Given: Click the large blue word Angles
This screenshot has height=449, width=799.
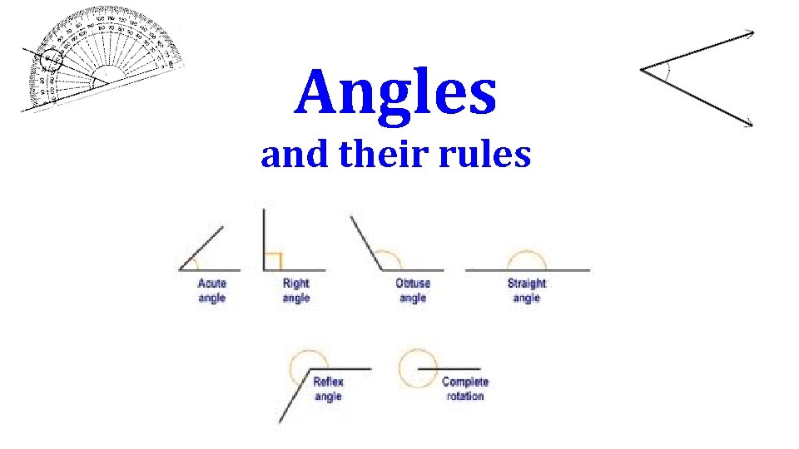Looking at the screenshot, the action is pos(396,93).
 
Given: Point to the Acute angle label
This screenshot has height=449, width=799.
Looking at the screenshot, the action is pos(211,290).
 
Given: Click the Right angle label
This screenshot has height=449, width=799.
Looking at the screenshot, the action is pos(295,290).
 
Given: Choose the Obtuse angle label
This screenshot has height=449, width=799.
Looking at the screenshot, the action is pos(413,290).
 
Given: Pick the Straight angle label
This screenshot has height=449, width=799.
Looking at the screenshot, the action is pos(526,290).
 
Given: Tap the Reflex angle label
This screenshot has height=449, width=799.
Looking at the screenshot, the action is pos(328,389).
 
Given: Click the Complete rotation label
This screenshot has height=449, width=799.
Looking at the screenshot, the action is pos(464,389).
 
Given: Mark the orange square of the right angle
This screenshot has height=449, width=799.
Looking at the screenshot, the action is pos(273,261).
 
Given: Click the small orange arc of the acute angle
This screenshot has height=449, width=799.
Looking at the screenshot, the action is pos(196,262).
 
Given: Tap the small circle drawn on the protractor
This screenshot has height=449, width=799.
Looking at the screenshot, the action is pos(52,60).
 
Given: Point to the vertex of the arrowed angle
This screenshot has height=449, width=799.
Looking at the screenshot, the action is pos(642,71).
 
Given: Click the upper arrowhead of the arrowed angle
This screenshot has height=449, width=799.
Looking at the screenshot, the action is pos(751,32).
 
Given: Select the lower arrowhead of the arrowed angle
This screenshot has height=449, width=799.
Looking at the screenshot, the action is pos(749,125).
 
